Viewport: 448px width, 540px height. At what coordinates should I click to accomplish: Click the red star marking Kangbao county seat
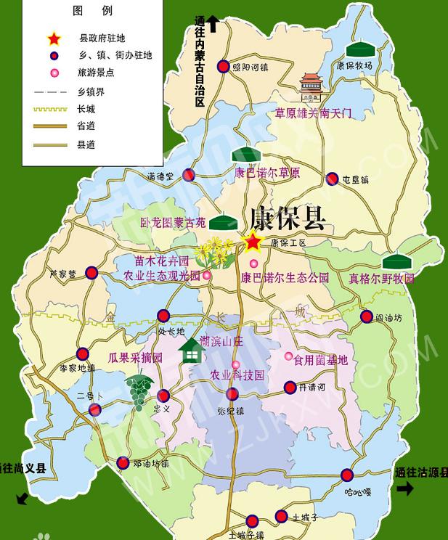[253, 242]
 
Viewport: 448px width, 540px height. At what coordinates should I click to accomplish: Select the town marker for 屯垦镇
[332, 178]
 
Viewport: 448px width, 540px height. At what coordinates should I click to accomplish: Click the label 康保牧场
[355, 65]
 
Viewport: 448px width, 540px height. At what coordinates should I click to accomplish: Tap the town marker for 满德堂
[189, 175]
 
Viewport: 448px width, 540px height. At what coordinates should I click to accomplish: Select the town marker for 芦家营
[91, 273]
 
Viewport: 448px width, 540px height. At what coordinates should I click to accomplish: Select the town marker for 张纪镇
[232, 394]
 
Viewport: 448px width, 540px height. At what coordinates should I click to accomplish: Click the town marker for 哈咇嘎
[348, 475]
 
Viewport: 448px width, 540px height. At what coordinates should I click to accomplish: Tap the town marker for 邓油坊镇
[123, 462]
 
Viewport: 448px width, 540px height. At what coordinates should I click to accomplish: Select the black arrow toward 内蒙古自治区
[213, 24]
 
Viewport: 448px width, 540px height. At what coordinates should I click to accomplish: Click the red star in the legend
[54, 38]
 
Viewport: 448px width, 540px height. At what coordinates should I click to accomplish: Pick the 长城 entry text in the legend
[85, 109]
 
